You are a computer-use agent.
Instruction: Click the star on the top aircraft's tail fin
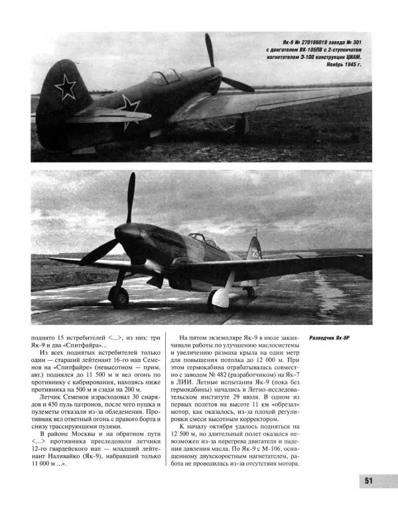66,86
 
